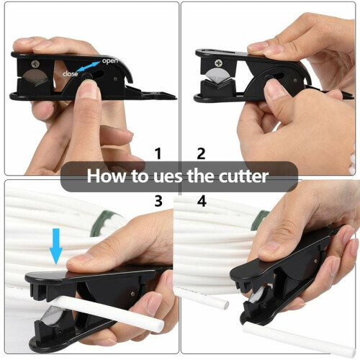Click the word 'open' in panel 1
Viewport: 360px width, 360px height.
tap(110, 60)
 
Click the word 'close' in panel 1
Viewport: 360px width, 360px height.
tap(70, 73)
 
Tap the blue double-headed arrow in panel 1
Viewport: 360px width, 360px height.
tap(89, 66)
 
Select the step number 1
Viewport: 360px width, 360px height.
tap(158, 153)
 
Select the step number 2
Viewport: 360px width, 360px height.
tap(201, 153)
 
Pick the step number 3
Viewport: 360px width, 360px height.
tap(158, 201)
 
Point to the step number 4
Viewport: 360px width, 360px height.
tap(202, 201)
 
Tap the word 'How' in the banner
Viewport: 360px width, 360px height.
tap(107, 176)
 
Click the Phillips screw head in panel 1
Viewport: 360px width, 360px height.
tap(36, 64)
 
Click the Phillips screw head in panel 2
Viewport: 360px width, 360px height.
tap(219, 63)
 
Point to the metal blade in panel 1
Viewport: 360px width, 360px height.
tap(35, 77)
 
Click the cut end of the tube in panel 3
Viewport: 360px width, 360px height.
tap(160, 325)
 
